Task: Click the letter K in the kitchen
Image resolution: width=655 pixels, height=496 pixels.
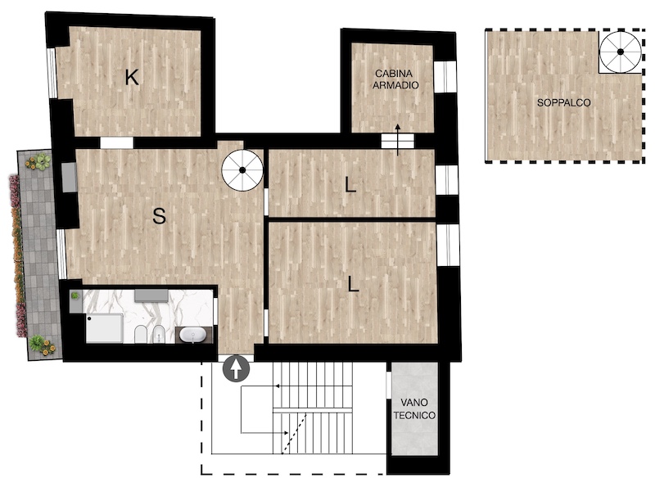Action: tap(132, 77)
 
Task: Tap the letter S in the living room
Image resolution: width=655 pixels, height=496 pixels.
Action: tap(159, 216)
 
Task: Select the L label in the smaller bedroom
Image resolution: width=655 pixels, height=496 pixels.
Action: tap(350, 184)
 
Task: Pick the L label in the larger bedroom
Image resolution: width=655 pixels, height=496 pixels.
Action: tap(354, 285)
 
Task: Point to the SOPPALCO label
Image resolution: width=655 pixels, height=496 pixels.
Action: tap(563, 102)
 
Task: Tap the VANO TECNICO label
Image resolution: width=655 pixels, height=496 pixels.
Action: tap(414, 408)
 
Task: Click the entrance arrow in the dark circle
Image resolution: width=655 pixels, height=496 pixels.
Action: tap(236, 368)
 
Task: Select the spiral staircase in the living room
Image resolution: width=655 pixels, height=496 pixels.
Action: tap(242, 170)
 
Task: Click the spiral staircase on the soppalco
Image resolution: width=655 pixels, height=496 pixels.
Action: tap(621, 52)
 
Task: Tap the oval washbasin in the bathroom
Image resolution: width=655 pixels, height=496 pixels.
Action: tap(194, 336)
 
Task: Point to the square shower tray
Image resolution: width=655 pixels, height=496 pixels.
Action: tap(105, 328)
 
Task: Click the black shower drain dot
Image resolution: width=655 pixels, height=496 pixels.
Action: tap(89, 318)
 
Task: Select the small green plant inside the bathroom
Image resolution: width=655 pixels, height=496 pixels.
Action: tap(75, 295)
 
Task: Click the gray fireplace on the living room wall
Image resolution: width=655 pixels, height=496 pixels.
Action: tap(69, 178)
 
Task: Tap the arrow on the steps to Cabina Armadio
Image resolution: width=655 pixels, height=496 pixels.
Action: tap(397, 140)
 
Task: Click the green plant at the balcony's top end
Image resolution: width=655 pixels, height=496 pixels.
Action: tap(42, 161)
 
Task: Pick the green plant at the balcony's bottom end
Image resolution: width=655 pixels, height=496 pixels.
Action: tap(37, 343)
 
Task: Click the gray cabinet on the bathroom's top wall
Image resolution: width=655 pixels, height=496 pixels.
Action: tap(151, 295)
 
